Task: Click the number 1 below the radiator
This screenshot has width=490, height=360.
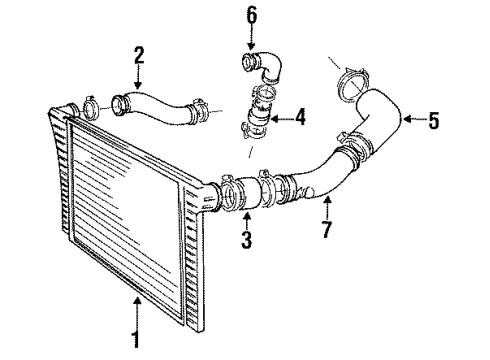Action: tap(135, 340)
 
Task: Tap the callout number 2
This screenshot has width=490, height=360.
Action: tap(140, 54)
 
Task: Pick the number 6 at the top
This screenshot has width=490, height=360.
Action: tap(252, 15)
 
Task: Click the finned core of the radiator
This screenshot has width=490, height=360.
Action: tap(130, 210)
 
